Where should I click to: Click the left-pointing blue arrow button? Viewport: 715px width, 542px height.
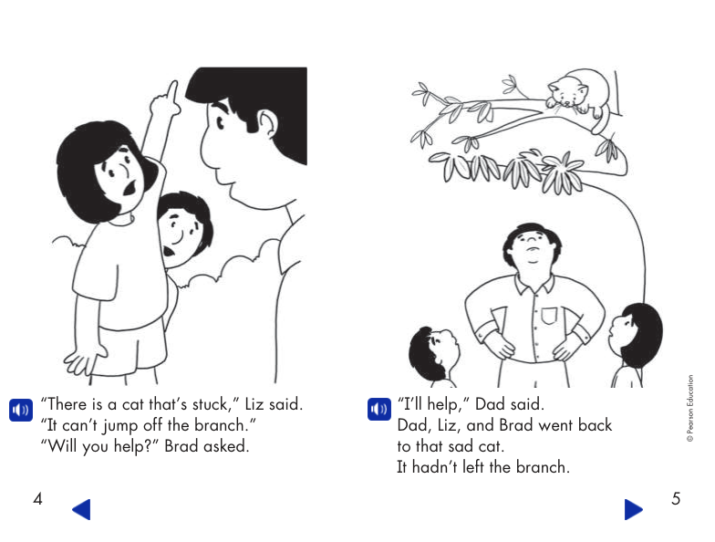81,509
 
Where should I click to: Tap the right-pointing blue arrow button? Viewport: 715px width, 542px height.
633,509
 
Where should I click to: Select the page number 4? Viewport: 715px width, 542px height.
37,499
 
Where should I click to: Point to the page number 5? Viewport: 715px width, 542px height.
676,499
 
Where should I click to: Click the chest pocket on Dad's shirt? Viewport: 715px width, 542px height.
547,316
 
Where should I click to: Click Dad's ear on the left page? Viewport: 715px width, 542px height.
264,123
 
